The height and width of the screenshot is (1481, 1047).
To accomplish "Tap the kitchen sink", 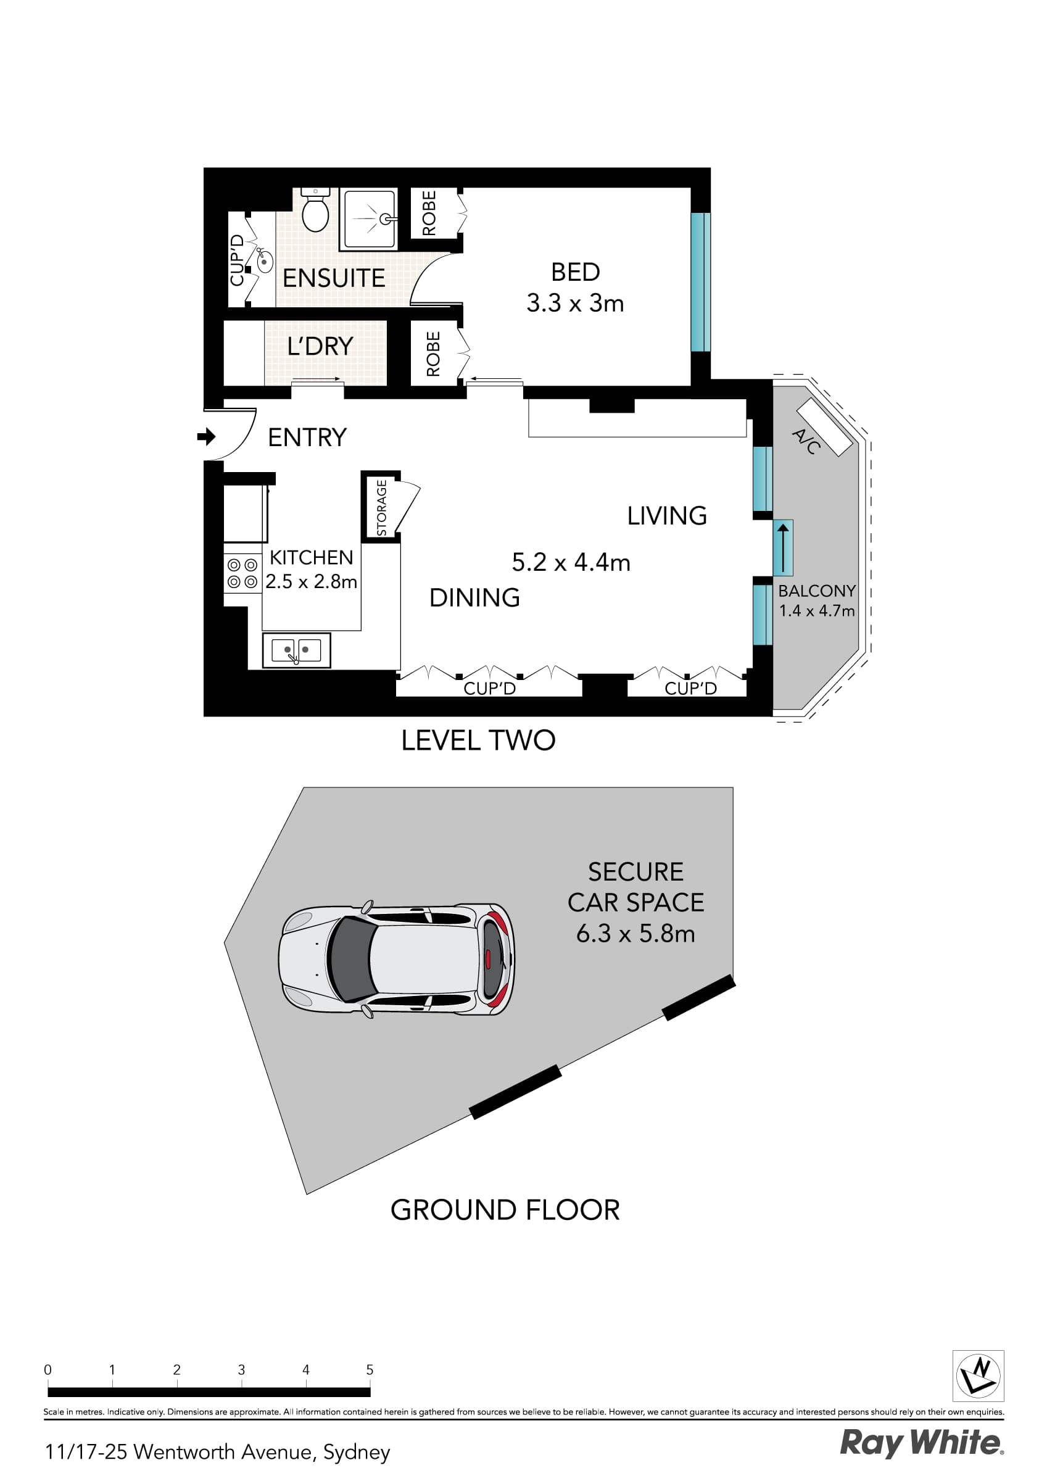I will point(296,650).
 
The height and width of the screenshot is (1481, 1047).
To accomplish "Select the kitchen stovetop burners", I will point(242,573).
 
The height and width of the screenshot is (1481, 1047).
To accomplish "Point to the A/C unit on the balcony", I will point(824,427).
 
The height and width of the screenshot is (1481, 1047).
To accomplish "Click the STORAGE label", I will point(381,508).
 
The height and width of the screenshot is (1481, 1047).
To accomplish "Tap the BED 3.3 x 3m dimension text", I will point(575,302).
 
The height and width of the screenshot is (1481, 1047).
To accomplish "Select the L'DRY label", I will point(320,346).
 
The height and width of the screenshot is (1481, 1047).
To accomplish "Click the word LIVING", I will point(666,515).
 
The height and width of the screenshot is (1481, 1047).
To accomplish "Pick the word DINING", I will point(474,597).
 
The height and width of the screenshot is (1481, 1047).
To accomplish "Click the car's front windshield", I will point(350,958).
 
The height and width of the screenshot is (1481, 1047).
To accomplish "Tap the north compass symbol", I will point(978,1376).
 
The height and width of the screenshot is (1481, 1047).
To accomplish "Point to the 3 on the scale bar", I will point(241,1369).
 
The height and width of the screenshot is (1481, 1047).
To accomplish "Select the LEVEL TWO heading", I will point(478,740).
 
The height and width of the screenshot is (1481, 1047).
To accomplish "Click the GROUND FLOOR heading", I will point(505,1209).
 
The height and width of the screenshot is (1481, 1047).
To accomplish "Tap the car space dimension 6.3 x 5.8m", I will point(635,934).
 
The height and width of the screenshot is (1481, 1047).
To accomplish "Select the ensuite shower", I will point(368,219).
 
